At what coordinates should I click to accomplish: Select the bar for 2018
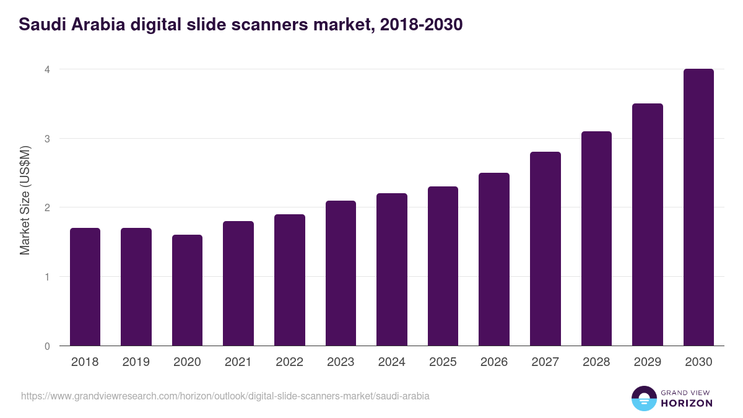pos(85,287)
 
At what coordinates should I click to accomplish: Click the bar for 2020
pos(187,290)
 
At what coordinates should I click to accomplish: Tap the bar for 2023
pos(341,273)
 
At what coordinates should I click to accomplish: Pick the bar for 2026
pos(494,259)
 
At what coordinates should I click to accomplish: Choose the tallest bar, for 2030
pos(698,207)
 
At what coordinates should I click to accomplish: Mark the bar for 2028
pos(596,238)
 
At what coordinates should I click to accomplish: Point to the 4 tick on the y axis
pos(46,69)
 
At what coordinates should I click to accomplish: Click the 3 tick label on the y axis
pos(46,139)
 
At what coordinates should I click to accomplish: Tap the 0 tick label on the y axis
pos(46,346)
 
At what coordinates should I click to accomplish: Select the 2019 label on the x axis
pos(136,362)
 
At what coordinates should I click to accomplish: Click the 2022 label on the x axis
pos(289,362)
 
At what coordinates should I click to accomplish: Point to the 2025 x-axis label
pos(443,362)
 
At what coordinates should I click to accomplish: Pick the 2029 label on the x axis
pos(647,362)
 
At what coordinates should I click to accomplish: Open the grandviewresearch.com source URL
pos(225,396)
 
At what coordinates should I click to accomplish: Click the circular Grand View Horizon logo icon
pos(643,398)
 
